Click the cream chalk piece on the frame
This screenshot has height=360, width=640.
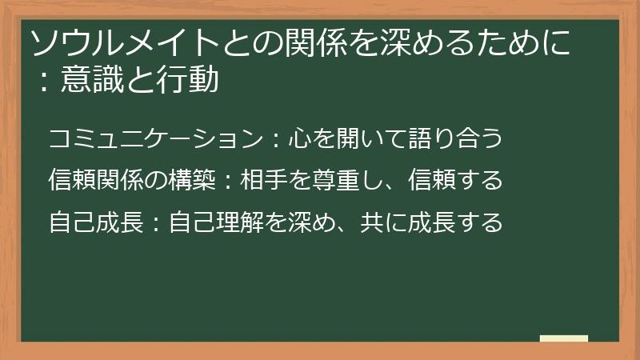564,339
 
